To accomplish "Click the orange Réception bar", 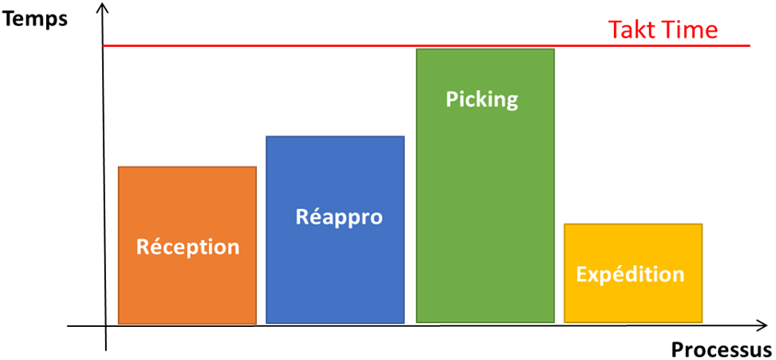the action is pos(187,285).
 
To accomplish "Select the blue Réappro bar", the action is pos(335,267).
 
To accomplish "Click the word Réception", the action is pos(188,247).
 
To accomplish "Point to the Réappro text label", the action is pos(339,217).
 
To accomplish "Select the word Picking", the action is pos(481,99).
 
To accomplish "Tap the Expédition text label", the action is pos(631,274).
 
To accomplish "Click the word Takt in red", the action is pos(634,29).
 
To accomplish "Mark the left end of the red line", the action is pos(105,45).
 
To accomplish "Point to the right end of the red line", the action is pos(749,45).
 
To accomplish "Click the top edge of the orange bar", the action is pos(187,167).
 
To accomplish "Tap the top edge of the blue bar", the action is pos(335,136).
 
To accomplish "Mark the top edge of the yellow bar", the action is pos(633,224).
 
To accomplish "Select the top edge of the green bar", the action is pos(484,49).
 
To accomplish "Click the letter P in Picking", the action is pos(452,99).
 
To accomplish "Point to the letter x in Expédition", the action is pos(595,274).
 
